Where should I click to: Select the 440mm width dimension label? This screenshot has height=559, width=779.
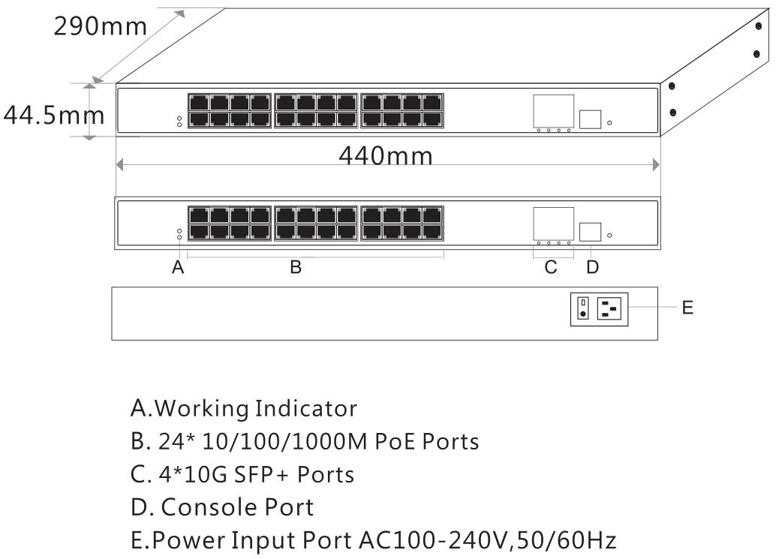point(385,155)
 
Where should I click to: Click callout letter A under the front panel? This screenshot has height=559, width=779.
point(178,268)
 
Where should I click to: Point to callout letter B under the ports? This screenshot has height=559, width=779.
point(296,268)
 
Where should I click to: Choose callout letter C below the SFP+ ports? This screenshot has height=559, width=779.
point(552,268)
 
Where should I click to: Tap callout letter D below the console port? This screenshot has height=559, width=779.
point(592,268)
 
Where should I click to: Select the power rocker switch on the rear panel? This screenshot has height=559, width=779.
point(582,308)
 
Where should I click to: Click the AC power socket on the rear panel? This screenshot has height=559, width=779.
point(611,308)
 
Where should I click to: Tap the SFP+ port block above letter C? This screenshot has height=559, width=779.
point(554,222)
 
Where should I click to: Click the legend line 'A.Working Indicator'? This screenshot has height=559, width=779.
point(243,409)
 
